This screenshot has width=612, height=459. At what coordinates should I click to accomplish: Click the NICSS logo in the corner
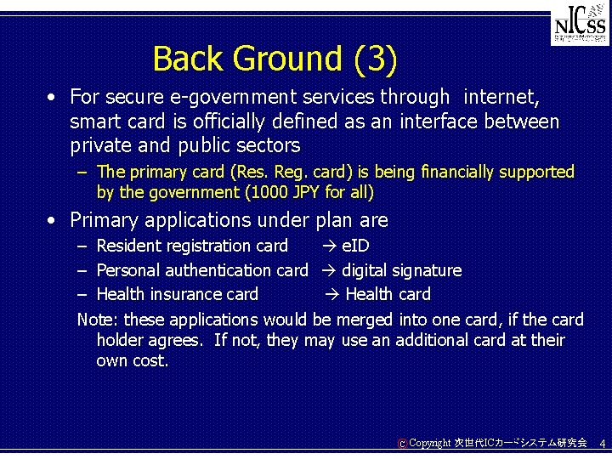pyautogui.click(x=579, y=26)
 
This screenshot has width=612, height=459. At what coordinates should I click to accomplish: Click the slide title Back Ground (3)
pyautogui.click(x=275, y=59)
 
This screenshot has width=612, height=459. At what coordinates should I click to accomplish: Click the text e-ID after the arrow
pyautogui.click(x=355, y=246)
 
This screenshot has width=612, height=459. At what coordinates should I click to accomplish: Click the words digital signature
pyautogui.click(x=401, y=270)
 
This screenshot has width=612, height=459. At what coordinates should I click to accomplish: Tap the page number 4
pyautogui.click(x=602, y=444)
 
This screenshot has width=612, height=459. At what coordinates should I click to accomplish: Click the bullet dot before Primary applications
pyautogui.click(x=54, y=220)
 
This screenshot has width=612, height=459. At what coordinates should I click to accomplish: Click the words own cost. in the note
pyautogui.click(x=133, y=360)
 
